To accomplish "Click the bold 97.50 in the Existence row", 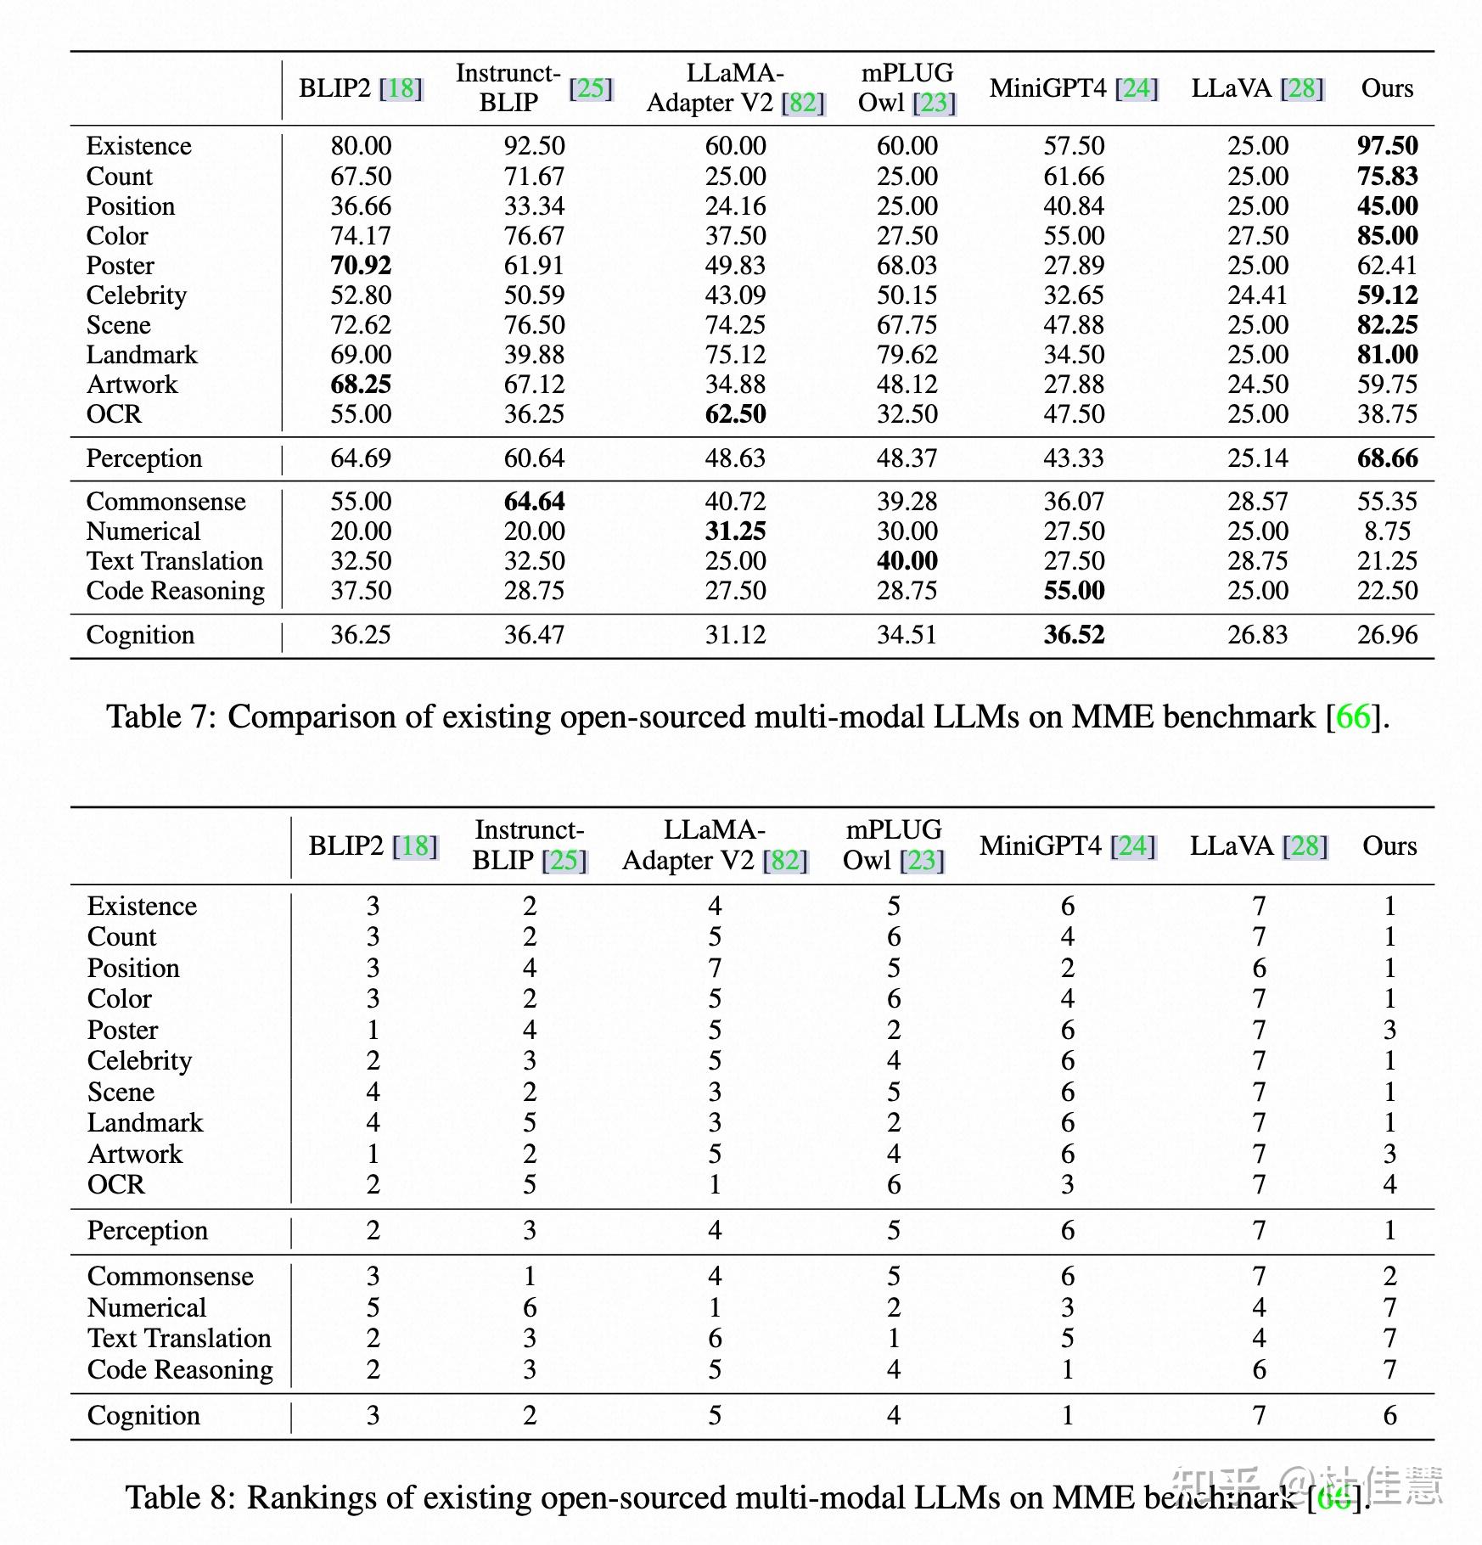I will (x=1387, y=146).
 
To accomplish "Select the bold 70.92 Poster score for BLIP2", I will (x=361, y=266).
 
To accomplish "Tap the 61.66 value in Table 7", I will (x=1074, y=177).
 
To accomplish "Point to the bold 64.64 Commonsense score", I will (x=534, y=502).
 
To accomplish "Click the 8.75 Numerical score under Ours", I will (x=1387, y=531).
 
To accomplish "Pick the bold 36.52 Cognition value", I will (x=1074, y=635).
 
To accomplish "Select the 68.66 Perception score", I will (x=1387, y=458).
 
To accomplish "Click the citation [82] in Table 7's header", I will (x=803, y=104).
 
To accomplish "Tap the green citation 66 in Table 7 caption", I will (x=1353, y=717).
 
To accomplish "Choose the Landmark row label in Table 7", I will (x=142, y=355).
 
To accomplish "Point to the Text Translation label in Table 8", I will (x=179, y=1339).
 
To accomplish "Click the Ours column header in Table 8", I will (x=1389, y=846).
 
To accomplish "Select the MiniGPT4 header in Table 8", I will (x=1041, y=846).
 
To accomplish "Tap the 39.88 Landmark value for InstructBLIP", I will (x=534, y=355).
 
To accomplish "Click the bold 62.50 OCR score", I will (x=735, y=414).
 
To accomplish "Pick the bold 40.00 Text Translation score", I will (x=907, y=561).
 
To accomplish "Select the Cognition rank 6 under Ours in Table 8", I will (x=1389, y=1415).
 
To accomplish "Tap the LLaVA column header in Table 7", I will (x=1232, y=88).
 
